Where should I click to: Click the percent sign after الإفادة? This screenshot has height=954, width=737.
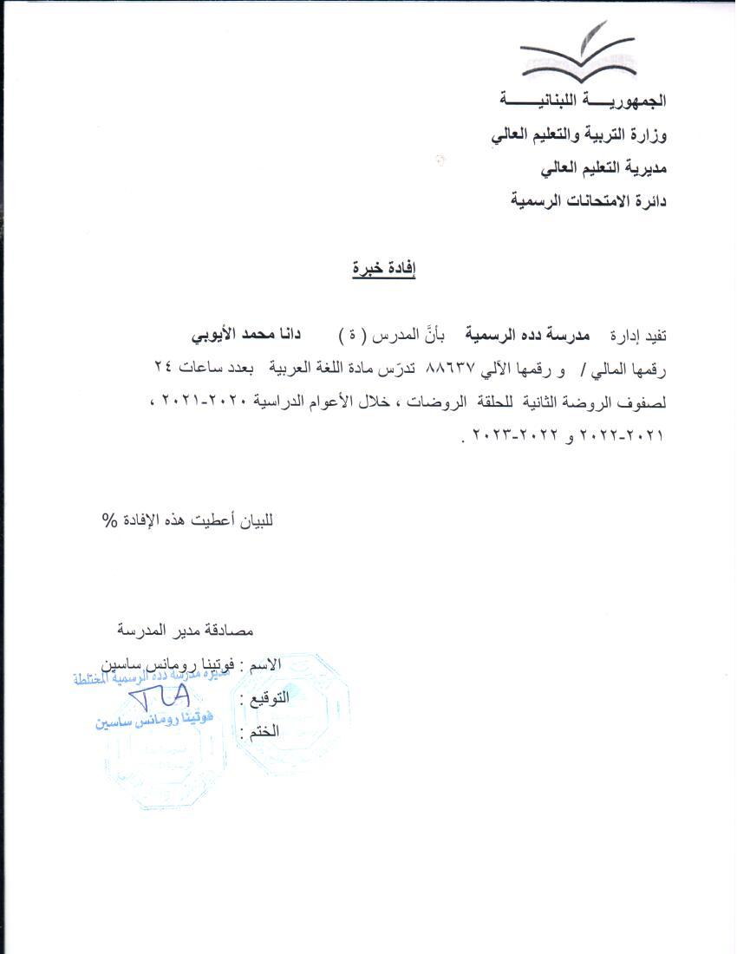pos(109,519)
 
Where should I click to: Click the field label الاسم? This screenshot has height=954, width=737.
pos(265,665)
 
